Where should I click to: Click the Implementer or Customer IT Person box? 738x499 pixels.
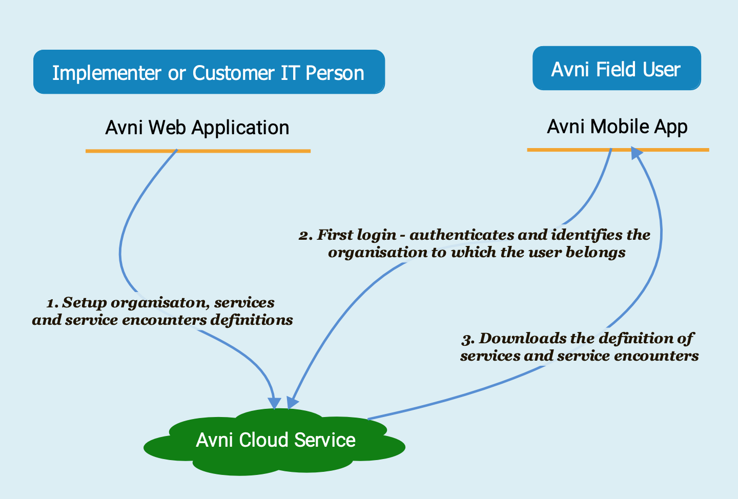click(x=209, y=72)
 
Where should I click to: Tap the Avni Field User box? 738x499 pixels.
click(x=617, y=69)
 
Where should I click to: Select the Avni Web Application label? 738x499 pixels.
click(x=197, y=128)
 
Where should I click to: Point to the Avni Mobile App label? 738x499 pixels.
click(x=617, y=127)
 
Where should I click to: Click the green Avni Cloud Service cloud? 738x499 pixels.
click(x=275, y=441)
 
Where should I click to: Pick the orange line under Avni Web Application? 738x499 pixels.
click(x=198, y=151)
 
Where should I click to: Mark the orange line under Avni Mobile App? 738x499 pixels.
click(x=618, y=150)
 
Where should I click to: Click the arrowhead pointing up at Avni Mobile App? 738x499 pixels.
click(x=636, y=153)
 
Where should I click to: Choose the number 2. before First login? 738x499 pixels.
click(x=306, y=236)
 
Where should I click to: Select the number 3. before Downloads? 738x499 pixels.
click(x=468, y=339)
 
